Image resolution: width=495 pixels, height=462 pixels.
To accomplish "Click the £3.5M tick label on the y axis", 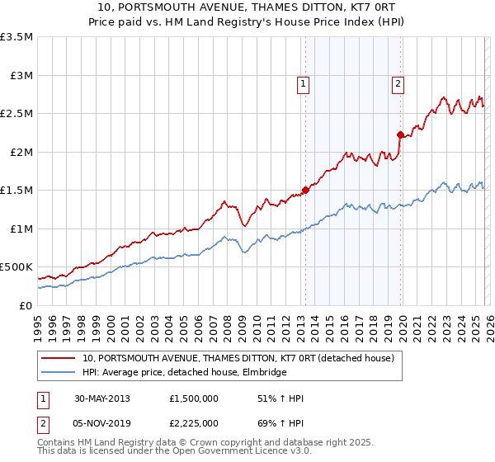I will coord(16,37).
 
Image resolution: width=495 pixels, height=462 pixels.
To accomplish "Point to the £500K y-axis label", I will coord(16,267).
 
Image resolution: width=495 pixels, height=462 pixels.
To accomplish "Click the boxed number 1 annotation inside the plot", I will coord(304,83).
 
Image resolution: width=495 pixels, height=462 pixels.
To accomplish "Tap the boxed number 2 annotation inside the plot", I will coord(398,83).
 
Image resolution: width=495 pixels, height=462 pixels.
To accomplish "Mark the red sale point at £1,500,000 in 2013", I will coord(305,190).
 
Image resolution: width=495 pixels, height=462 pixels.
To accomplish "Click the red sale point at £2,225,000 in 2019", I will coord(399,134).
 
